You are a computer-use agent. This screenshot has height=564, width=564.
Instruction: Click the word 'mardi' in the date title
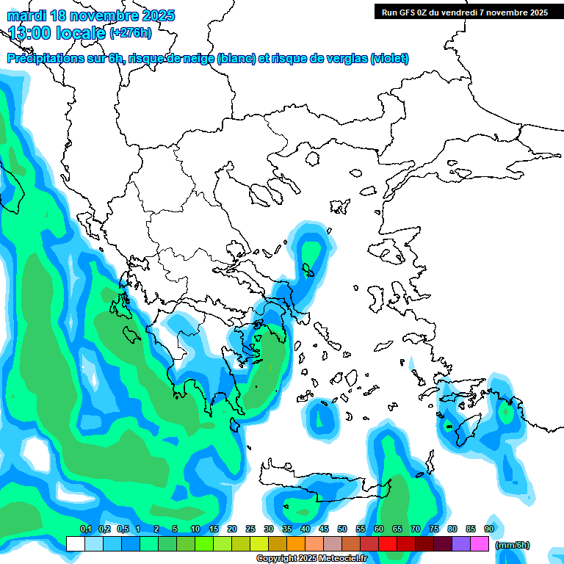[x=27, y=15]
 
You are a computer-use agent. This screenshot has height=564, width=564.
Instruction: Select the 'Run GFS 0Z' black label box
[x=465, y=12]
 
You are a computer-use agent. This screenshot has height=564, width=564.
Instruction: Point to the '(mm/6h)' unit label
[x=513, y=545]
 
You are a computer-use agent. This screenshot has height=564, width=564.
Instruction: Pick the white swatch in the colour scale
[x=76, y=544]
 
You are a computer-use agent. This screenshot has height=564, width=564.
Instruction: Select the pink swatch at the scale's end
[x=480, y=544]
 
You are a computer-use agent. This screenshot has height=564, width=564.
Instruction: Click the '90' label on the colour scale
[x=489, y=529]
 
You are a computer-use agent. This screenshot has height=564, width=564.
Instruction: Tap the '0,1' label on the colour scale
[x=85, y=529]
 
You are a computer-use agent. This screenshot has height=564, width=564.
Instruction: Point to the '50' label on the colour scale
[x=342, y=529]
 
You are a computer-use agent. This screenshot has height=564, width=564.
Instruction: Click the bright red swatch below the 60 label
[x=388, y=544]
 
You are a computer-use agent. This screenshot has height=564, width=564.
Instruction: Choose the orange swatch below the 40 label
[x=296, y=544]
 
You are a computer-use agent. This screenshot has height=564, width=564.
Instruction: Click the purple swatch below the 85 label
[x=461, y=544]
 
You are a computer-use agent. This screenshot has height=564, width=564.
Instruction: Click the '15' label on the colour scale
[x=214, y=529]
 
